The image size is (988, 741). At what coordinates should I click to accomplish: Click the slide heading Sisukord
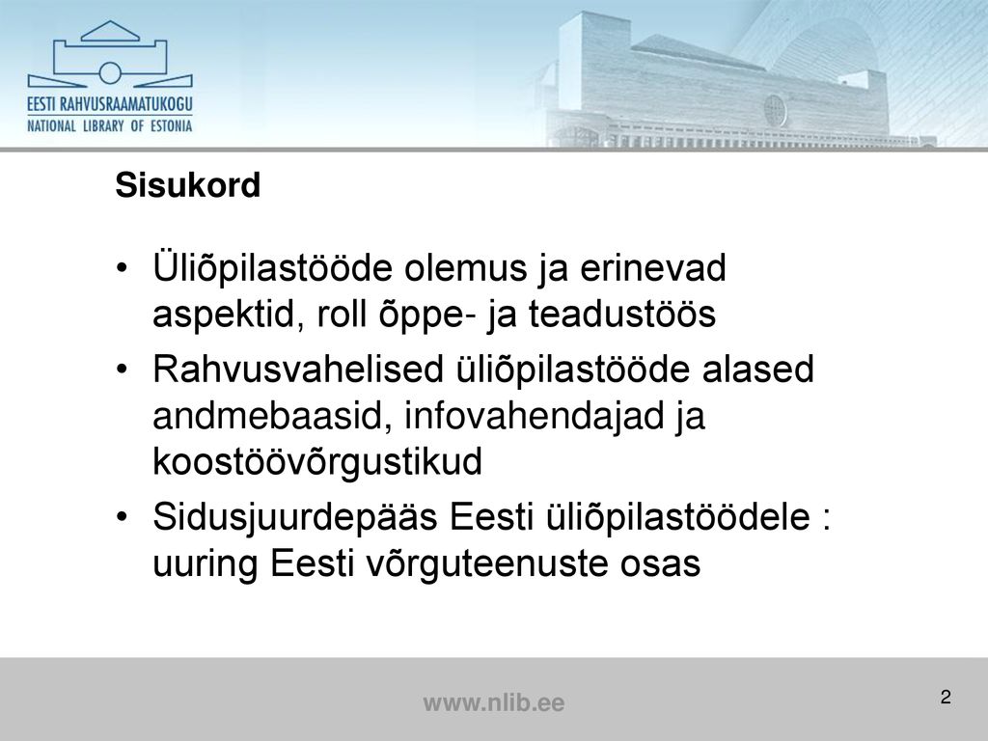[188, 184]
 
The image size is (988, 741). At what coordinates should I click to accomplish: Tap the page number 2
[946, 697]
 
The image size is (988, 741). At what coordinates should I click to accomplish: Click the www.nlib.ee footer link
[494, 702]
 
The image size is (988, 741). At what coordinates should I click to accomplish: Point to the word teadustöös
[622, 314]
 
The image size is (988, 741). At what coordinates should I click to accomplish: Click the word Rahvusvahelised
[298, 369]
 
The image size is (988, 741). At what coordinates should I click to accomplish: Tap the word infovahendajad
[535, 416]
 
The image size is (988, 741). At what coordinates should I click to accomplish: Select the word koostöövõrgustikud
[317, 462]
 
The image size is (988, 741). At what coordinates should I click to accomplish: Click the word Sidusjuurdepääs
[295, 518]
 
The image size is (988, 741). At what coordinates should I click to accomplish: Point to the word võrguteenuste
[487, 563]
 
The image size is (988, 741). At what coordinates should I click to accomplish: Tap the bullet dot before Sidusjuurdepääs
[123, 517]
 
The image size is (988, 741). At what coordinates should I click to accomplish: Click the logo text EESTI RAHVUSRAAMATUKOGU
[110, 104]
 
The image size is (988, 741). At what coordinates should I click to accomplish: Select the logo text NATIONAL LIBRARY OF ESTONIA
[110, 126]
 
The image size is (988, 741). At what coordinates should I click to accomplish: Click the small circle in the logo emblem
[110, 73]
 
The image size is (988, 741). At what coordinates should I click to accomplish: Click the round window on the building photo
[775, 110]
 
